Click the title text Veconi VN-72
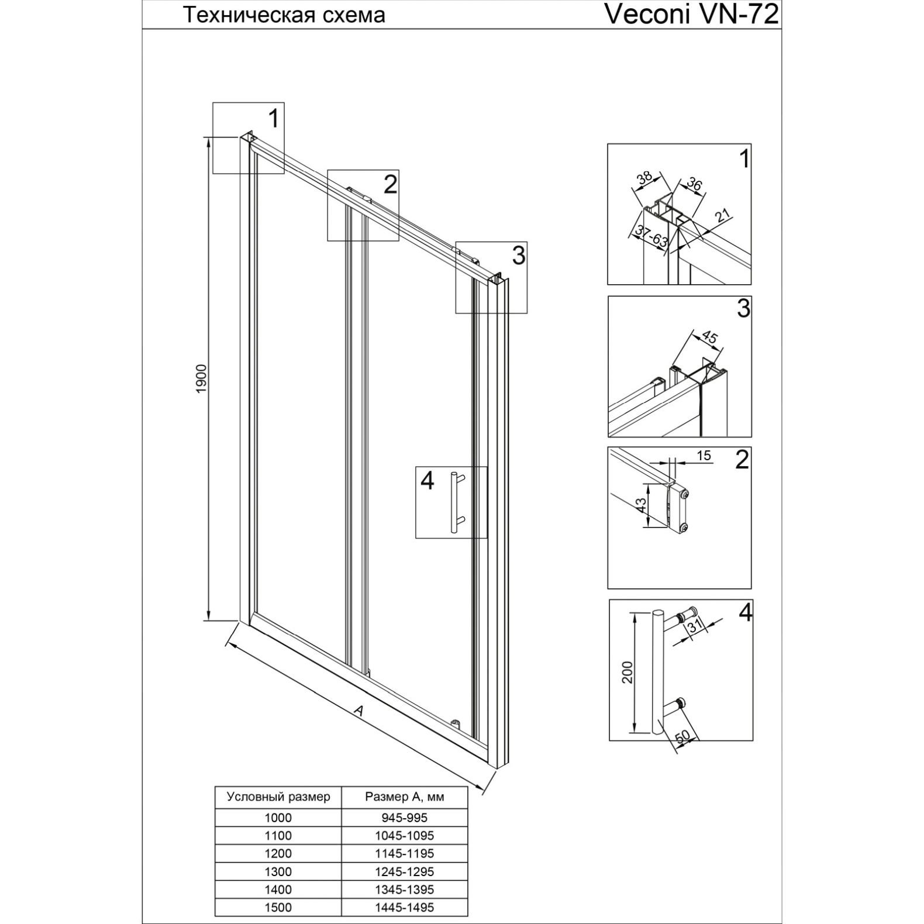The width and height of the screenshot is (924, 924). click(x=692, y=15)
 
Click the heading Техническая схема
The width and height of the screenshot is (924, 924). click(x=285, y=15)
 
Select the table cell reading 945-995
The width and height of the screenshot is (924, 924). click(x=405, y=818)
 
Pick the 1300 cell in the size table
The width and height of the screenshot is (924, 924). click(x=278, y=871)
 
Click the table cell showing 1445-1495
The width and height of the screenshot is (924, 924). click(x=405, y=907)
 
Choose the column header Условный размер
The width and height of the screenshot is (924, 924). click(x=278, y=797)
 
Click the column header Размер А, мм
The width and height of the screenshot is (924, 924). click(x=405, y=797)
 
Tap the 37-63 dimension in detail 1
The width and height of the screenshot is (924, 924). click(x=651, y=237)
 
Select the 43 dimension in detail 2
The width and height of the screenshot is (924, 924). click(x=641, y=505)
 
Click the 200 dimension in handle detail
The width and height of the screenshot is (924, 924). click(x=628, y=673)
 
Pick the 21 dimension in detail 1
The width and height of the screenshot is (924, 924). click(x=723, y=215)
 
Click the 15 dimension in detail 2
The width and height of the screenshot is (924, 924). click(x=704, y=455)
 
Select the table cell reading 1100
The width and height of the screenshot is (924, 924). click(x=278, y=836)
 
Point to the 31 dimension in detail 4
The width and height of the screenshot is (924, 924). click(x=695, y=626)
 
